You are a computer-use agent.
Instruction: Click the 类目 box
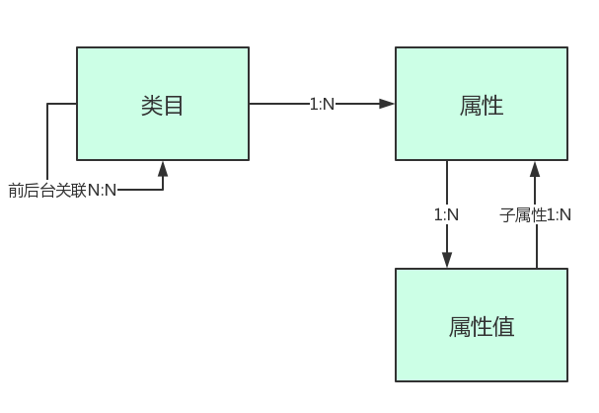(x=163, y=104)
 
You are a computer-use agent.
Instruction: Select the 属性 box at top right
(x=482, y=104)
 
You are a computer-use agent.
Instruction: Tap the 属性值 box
(x=482, y=325)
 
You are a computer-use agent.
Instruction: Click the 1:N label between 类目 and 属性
(x=323, y=104)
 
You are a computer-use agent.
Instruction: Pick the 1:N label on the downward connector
(x=447, y=214)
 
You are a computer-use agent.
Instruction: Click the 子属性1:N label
(x=536, y=214)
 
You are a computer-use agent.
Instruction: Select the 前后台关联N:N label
(x=62, y=190)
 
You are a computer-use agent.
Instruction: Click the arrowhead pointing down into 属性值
(x=447, y=260)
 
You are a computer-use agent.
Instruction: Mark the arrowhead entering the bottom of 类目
(x=163, y=169)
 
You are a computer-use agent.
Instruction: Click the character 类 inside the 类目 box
(x=152, y=105)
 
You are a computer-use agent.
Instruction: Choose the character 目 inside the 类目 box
(x=175, y=105)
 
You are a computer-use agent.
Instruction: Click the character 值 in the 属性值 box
(x=503, y=326)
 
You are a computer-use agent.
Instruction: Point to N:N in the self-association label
(x=103, y=190)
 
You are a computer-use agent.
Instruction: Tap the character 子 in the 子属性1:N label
(x=506, y=214)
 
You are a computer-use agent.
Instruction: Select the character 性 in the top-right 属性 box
(x=493, y=105)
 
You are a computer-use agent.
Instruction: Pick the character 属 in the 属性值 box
(x=459, y=326)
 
